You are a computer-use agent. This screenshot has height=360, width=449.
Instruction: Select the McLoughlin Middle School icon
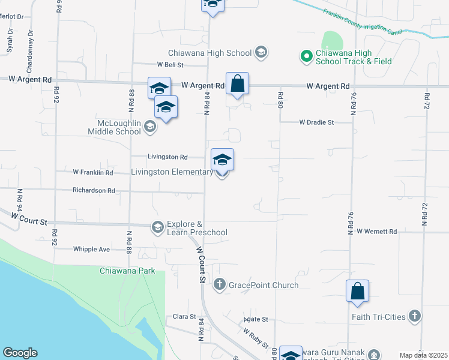coord(150,126)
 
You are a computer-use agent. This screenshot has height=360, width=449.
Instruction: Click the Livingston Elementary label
coord(172,172)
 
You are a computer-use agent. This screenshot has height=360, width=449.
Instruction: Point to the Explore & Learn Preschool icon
coord(157,227)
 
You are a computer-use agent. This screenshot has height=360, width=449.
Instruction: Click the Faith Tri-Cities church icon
coord(414,316)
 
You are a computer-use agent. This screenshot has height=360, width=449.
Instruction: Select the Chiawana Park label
coord(127,271)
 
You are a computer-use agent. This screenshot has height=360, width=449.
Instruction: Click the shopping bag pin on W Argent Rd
coord(237,84)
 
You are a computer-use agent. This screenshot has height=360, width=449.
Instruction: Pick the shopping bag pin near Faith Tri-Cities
coord(357,291)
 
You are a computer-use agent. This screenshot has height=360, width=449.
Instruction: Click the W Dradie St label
coord(316,122)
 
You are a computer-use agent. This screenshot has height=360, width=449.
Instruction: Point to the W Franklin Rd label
coord(92,172)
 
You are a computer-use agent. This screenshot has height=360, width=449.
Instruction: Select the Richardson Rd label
coord(93,190)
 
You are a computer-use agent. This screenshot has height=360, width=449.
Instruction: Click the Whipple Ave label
coord(91,249)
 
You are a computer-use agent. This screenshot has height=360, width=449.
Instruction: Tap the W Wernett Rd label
coord(376,231)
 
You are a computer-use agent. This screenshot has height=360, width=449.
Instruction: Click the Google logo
coord(20,353)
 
